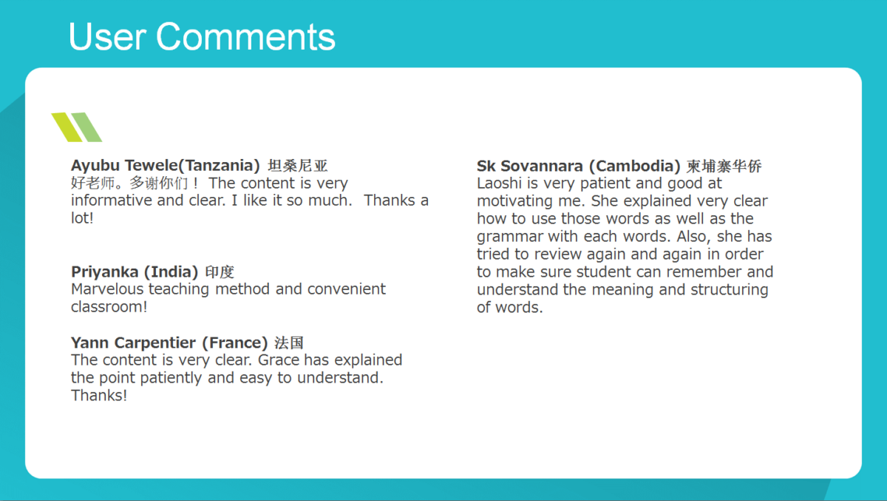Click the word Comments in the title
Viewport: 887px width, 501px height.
245,36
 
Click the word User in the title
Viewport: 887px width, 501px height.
108,36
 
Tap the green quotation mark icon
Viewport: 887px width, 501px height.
76,127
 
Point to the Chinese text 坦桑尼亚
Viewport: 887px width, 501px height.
298,166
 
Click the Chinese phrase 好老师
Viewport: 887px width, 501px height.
93,183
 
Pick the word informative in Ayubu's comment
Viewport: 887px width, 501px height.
112,200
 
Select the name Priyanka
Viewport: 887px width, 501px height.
105,272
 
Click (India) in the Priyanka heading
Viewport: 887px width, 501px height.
171,272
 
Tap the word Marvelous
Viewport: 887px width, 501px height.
108,289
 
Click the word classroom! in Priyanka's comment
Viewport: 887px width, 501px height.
109,307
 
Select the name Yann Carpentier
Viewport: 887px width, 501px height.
134,343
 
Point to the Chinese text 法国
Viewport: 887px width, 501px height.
289,343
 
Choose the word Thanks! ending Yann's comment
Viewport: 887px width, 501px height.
99,396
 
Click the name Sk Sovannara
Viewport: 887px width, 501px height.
531,166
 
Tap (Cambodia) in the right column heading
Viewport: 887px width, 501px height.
635,166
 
